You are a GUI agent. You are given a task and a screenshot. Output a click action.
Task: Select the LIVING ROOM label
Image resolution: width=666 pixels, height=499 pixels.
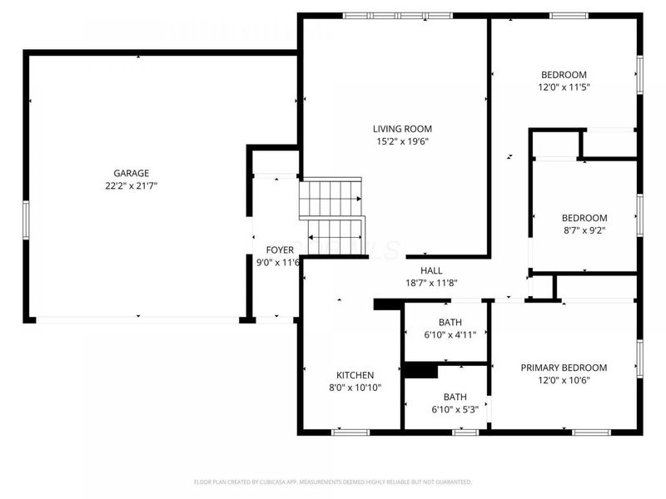pyautogui.click(x=402, y=129)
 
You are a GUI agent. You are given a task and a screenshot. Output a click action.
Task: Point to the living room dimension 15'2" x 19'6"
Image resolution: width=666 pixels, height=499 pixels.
pyautogui.click(x=402, y=141)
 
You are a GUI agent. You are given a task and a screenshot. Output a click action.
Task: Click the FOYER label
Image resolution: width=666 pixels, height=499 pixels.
pyautogui.click(x=279, y=249)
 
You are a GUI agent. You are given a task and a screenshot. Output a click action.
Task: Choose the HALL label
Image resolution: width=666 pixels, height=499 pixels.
pyautogui.click(x=431, y=270)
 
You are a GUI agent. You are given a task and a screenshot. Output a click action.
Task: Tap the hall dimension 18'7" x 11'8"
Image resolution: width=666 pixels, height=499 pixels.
pyautogui.click(x=431, y=283)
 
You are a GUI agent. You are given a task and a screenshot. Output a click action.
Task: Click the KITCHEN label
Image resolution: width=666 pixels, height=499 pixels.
pyautogui.click(x=355, y=375)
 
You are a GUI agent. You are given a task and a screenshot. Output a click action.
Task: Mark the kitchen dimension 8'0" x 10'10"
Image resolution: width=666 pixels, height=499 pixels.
pyautogui.click(x=355, y=388)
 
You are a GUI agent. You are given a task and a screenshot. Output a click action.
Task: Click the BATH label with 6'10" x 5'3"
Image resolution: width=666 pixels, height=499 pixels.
pyautogui.click(x=455, y=397)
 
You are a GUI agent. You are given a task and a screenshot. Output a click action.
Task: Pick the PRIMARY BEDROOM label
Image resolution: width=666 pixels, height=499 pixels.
pyautogui.click(x=564, y=368)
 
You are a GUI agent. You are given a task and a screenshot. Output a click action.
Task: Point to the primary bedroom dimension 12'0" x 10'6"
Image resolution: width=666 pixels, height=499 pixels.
pyautogui.click(x=564, y=381)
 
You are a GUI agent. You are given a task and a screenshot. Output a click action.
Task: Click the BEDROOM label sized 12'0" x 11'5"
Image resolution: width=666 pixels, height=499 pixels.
pyautogui.click(x=564, y=74)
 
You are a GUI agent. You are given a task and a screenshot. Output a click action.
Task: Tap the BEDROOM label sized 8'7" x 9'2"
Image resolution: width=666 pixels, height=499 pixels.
pyautogui.click(x=584, y=218)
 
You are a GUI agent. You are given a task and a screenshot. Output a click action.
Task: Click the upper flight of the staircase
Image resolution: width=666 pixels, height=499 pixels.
pyautogui.click(x=331, y=198)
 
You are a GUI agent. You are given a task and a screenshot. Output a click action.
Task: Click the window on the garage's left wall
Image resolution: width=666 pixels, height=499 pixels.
pyautogui.click(x=26, y=225)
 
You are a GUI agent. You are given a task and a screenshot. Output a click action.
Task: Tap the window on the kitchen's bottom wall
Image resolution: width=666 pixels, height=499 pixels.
pyautogui.click(x=350, y=432)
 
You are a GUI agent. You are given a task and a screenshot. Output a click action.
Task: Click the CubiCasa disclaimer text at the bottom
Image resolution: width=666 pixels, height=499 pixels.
pyautogui.click(x=333, y=482)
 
